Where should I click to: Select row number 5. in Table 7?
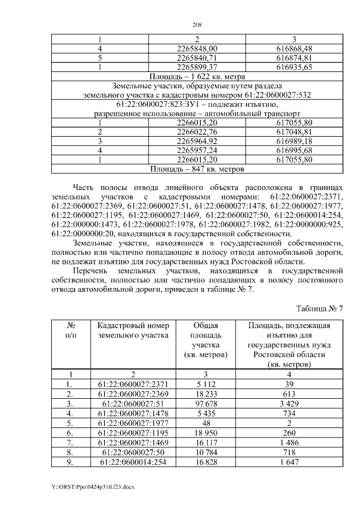71,424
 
